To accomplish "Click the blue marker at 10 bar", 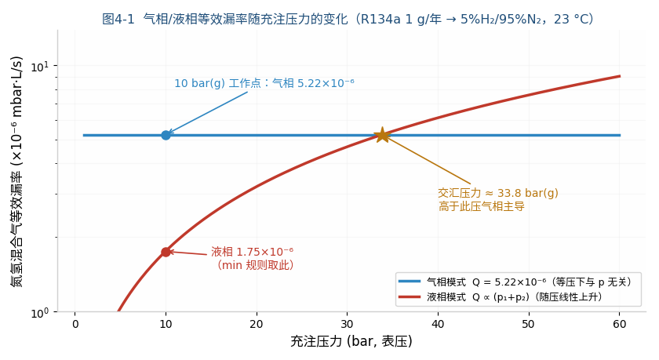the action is (x=166, y=135).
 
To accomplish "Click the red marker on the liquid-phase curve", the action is (x=166, y=252).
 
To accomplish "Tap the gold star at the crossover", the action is (x=383, y=135).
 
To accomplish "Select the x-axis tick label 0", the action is (x=75, y=324).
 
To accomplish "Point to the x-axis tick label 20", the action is (x=257, y=324).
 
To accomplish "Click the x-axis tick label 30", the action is (x=347, y=324).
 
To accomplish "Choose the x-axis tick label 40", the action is (x=438, y=324).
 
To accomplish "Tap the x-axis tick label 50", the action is (x=529, y=324).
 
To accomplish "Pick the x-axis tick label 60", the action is (x=620, y=324).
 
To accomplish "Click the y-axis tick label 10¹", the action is (x=40, y=67).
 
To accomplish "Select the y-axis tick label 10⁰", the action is (x=40, y=312).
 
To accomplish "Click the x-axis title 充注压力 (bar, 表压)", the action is (x=351, y=341).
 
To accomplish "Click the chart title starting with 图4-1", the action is (x=348, y=19).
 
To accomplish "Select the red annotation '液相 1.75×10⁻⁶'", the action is (x=252, y=252).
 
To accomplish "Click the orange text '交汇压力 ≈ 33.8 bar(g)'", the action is (x=498, y=193).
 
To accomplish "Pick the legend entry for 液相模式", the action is (x=501, y=297).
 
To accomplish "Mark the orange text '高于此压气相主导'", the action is (x=482, y=206).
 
